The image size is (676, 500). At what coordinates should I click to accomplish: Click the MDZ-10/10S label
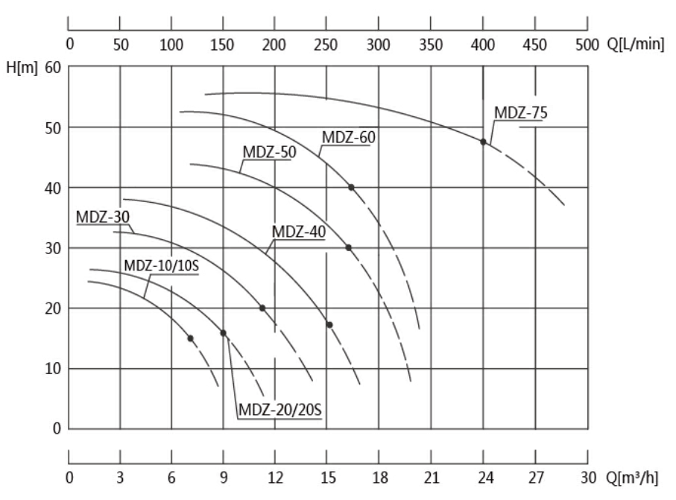point(161,266)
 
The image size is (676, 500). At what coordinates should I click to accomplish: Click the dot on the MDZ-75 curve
point(483,142)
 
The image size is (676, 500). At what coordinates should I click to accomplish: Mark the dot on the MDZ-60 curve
point(351,187)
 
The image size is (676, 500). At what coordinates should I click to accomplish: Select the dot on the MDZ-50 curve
point(348,247)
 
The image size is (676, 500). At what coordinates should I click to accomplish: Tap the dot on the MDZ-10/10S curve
point(190,338)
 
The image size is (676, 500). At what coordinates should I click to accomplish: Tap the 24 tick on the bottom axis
point(483,478)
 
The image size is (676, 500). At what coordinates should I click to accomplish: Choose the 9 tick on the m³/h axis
point(223,478)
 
